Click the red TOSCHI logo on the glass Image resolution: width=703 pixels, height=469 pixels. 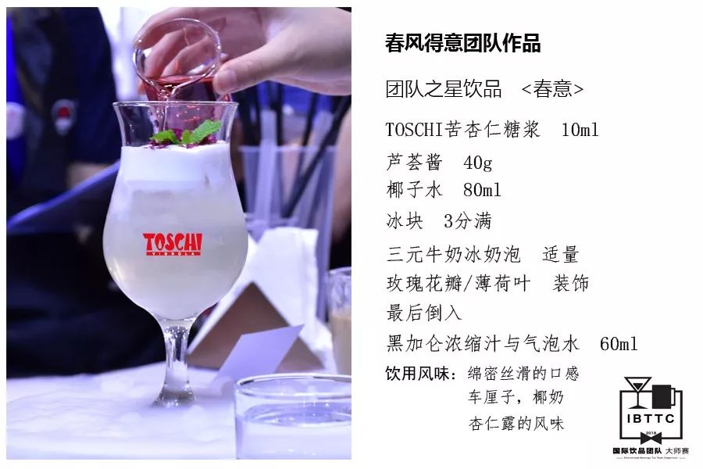[173, 244]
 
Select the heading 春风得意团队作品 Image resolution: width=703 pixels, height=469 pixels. [462, 44]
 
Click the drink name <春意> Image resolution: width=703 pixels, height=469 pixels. [552, 89]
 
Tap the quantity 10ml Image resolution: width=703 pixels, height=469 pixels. [580, 130]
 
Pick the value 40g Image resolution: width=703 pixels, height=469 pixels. [478, 163]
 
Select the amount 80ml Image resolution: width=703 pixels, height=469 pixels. [482, 190]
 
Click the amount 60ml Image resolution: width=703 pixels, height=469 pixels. [619, 344]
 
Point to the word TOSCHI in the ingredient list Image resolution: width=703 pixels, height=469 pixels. [414, 130]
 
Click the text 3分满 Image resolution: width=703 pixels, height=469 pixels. [468, 220]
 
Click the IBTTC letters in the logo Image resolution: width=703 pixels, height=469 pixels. [651, 419]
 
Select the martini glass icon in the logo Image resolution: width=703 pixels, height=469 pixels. [637, 392]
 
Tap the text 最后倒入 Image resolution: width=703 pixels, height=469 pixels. [424, 313]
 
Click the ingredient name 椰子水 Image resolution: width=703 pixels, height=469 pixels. [414, 190]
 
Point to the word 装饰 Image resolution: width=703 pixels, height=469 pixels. [571, 283]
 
